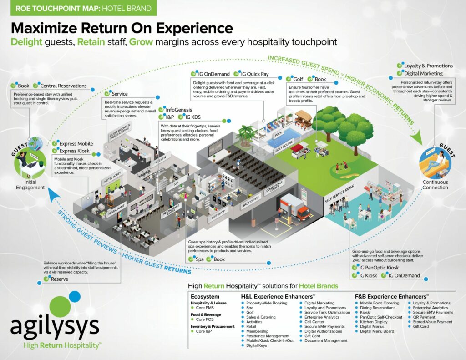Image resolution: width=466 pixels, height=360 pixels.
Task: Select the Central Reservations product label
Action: (63, 86)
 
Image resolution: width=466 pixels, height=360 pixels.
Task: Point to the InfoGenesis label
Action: (179, 110)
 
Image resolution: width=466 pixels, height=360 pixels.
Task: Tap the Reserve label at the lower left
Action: (60, 279)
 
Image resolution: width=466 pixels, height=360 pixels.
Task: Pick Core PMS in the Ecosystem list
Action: (205, 308)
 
